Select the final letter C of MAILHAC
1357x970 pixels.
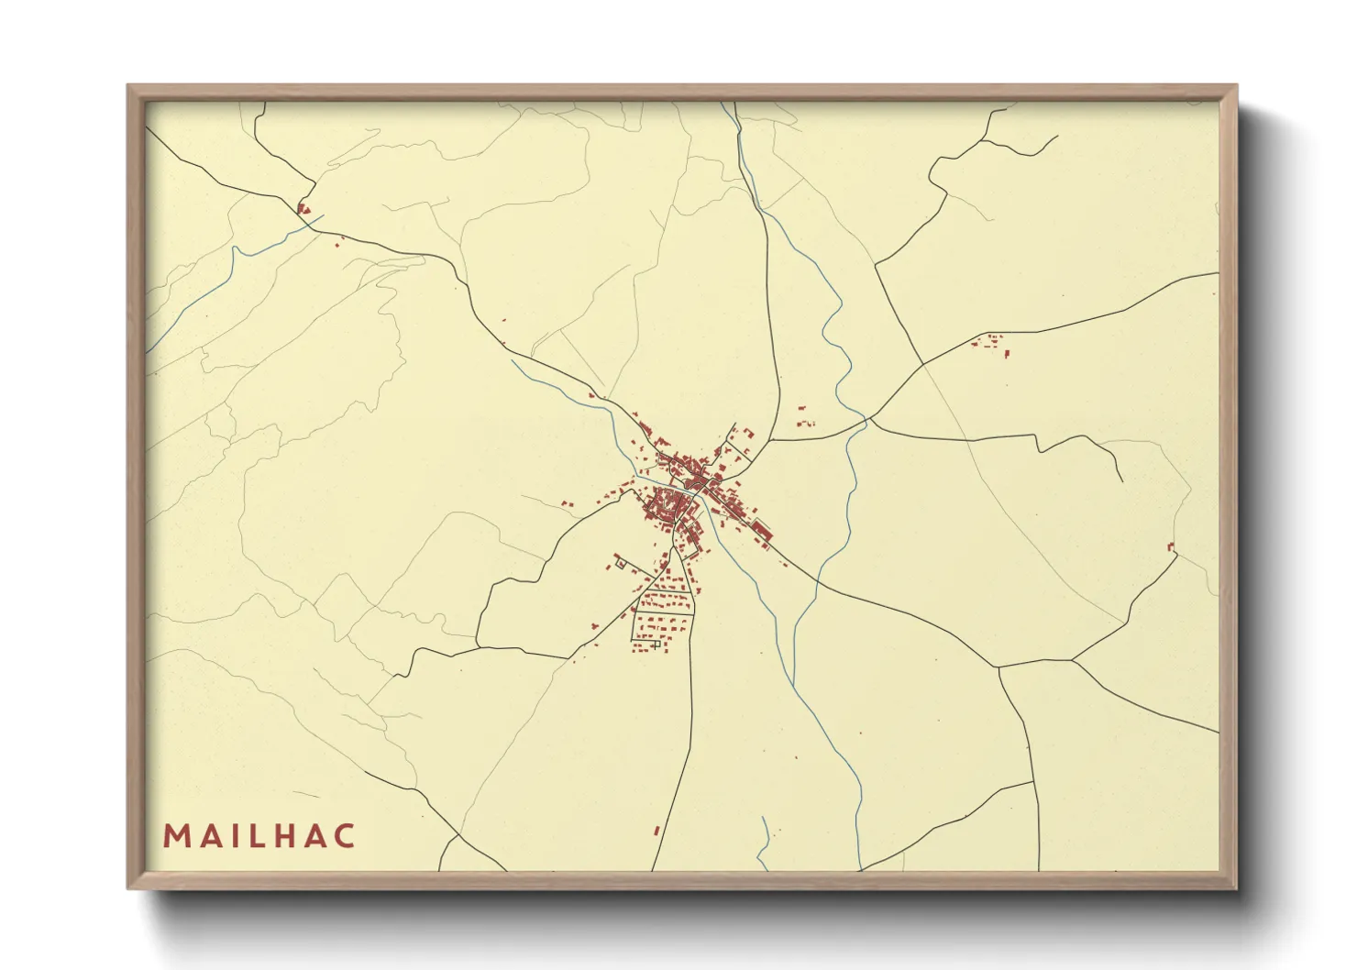(345, 836)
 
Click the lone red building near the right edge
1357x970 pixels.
(1171, 547)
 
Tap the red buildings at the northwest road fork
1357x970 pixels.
(303, 209)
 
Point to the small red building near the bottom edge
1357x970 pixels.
(656, 831)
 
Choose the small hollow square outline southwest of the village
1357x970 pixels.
(620, 564)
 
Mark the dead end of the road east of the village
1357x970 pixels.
(1121, 480)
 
